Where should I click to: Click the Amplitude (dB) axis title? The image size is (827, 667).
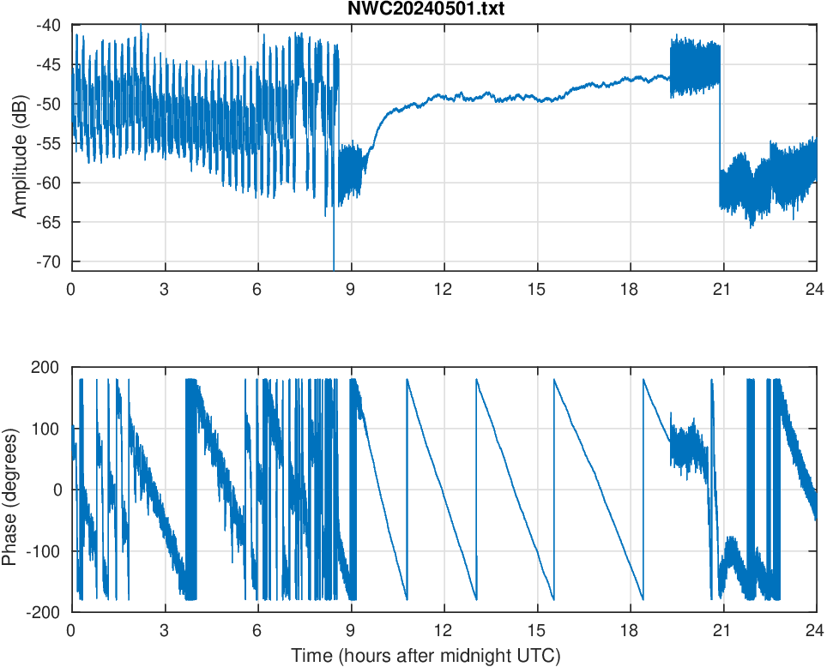pos(20,147)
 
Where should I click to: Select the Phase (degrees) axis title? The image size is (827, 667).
pos(10,490)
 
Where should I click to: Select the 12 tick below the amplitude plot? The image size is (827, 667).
pos(444,289)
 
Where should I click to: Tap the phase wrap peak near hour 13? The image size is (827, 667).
pos(476,381)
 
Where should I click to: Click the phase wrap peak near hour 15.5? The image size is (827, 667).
pos(554,381)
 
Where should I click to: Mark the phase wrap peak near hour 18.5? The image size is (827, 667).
pos(643,381)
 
